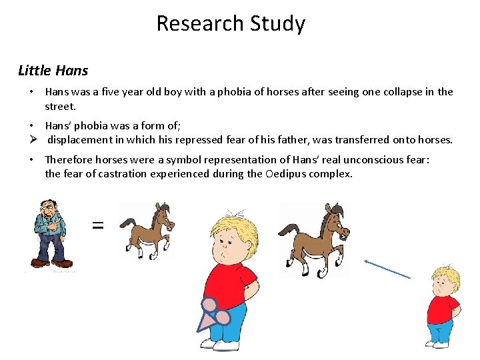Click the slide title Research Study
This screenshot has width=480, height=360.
(x=231, y=23)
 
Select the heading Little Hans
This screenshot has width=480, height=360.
(x=53, y=70)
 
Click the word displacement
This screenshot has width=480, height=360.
(x=83, y=140)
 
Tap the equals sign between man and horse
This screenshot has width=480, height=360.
(x=97, y=226)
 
